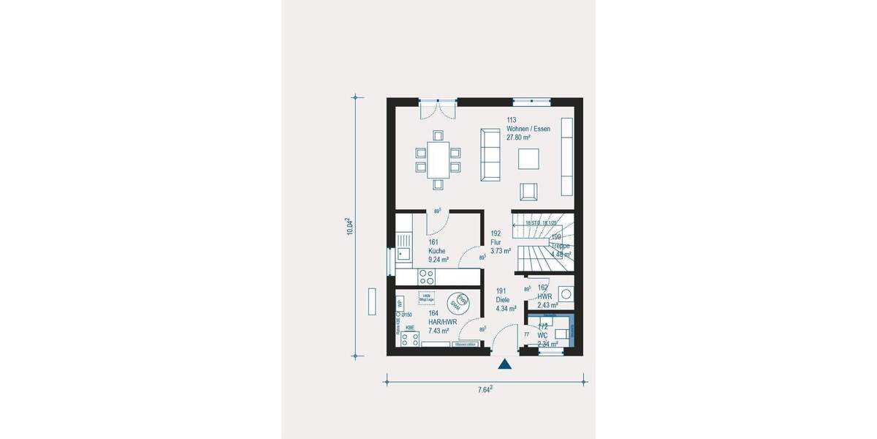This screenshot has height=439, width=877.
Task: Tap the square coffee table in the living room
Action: [x=529, y=159]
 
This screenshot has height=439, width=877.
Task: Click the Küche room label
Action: [x=438, y=251]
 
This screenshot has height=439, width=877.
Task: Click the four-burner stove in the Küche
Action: [x=426, y=277]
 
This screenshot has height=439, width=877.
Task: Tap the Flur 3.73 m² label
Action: [x=501, y=245]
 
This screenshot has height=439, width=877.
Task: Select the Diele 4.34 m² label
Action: [x=506, y=304]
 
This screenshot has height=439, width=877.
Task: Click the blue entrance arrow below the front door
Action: [x=504, y=364]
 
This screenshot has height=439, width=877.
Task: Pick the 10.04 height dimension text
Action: [x=350, y=226]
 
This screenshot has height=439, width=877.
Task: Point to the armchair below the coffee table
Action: [x=529, y=192]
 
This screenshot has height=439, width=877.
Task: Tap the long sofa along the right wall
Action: [x=566, y=156]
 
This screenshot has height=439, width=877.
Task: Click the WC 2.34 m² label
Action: [x=547, y=339]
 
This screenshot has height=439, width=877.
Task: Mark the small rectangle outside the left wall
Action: [x=372, y=301]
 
